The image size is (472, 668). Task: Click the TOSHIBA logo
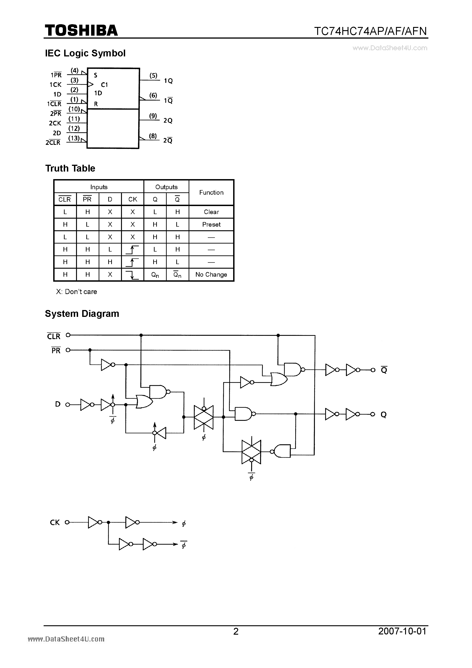click(81, 31)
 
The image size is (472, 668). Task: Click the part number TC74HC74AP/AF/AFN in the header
click(370, 31)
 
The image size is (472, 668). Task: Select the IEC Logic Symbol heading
click(85, 53)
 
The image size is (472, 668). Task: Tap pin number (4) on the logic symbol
click(75, 70)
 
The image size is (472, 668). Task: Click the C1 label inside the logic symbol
click(104, 85)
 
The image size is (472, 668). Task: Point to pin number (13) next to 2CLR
click(74, 138)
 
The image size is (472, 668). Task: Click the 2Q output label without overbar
click(168, 120)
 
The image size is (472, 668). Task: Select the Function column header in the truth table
click(211, 193)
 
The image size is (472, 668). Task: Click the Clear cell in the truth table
click(211, 212)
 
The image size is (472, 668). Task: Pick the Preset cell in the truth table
click(211, 225)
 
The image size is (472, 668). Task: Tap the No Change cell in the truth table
click(211, 275)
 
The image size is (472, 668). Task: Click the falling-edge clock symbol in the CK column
click(132, 275)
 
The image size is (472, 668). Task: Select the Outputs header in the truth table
click(166, 187)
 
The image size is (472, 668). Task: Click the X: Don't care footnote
click(76, 292)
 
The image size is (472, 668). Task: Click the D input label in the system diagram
click(58, 404)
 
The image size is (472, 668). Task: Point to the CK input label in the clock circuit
click(55, 522)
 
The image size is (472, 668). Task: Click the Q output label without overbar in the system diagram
click(384, 415)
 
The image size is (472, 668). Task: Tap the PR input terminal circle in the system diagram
click(68, 350)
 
